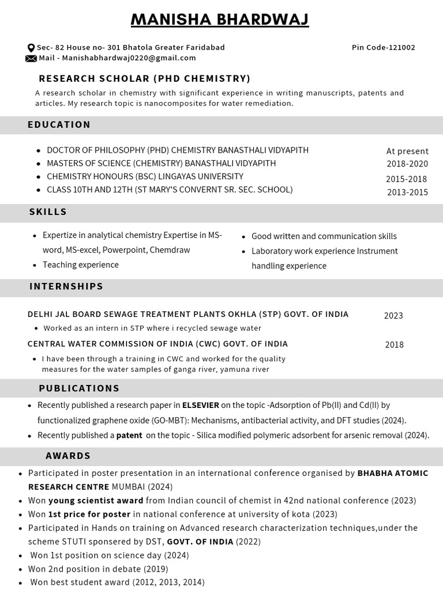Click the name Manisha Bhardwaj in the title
point(220,20)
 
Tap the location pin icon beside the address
point(31,48)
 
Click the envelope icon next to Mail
point(31,58)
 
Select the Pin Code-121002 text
point(383,48)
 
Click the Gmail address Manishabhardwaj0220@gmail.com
point(129,58)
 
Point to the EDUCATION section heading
point(59,124)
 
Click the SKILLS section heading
point(48,212)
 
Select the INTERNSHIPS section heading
point(66,286)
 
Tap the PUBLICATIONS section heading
point(79,388)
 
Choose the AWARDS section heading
point(68,456)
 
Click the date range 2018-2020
point(407,164)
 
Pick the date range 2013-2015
point(407,192)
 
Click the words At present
point(407,152)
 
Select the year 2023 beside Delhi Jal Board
point(393,316)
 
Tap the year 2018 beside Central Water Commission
point(395,345)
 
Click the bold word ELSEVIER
point(200,406)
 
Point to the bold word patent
point(129,436)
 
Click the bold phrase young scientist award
point(96,501)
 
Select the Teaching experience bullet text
point(81,265)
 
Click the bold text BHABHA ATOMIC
point(393,474)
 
